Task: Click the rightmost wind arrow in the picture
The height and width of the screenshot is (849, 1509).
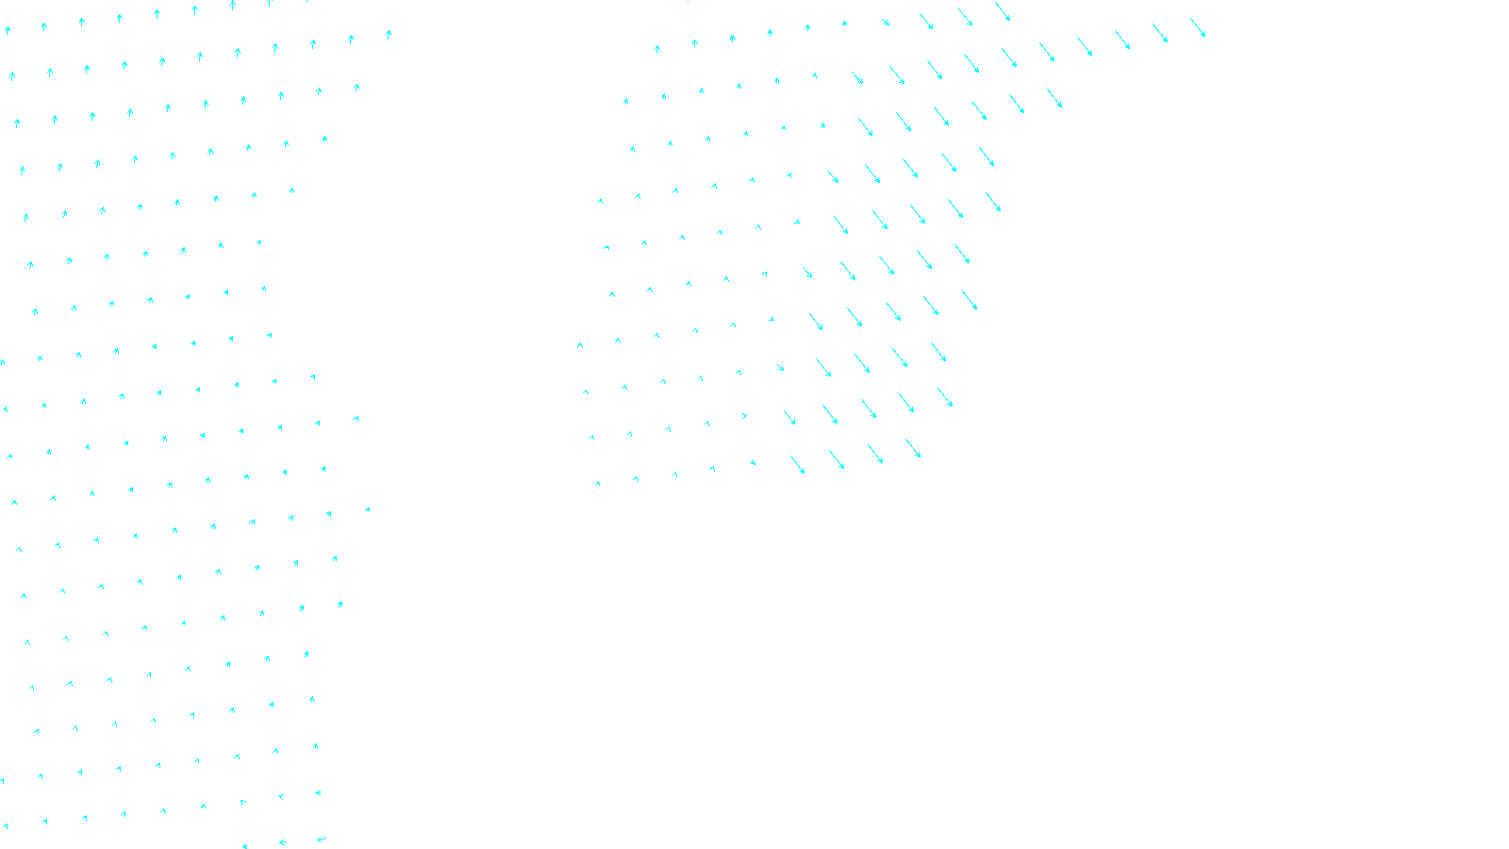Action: click(x=1198, y=27)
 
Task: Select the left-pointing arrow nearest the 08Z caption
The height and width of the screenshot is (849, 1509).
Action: click(x=322, y=839)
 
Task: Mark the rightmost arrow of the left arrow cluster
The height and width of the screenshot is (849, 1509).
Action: click(x=389, y=34)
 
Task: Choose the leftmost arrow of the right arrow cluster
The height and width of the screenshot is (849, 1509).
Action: click(x=580, y=345)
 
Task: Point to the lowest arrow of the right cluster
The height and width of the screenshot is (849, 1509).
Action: click(x=597, y=483)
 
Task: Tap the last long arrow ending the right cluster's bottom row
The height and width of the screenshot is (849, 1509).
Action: click(x=913, y=448)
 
